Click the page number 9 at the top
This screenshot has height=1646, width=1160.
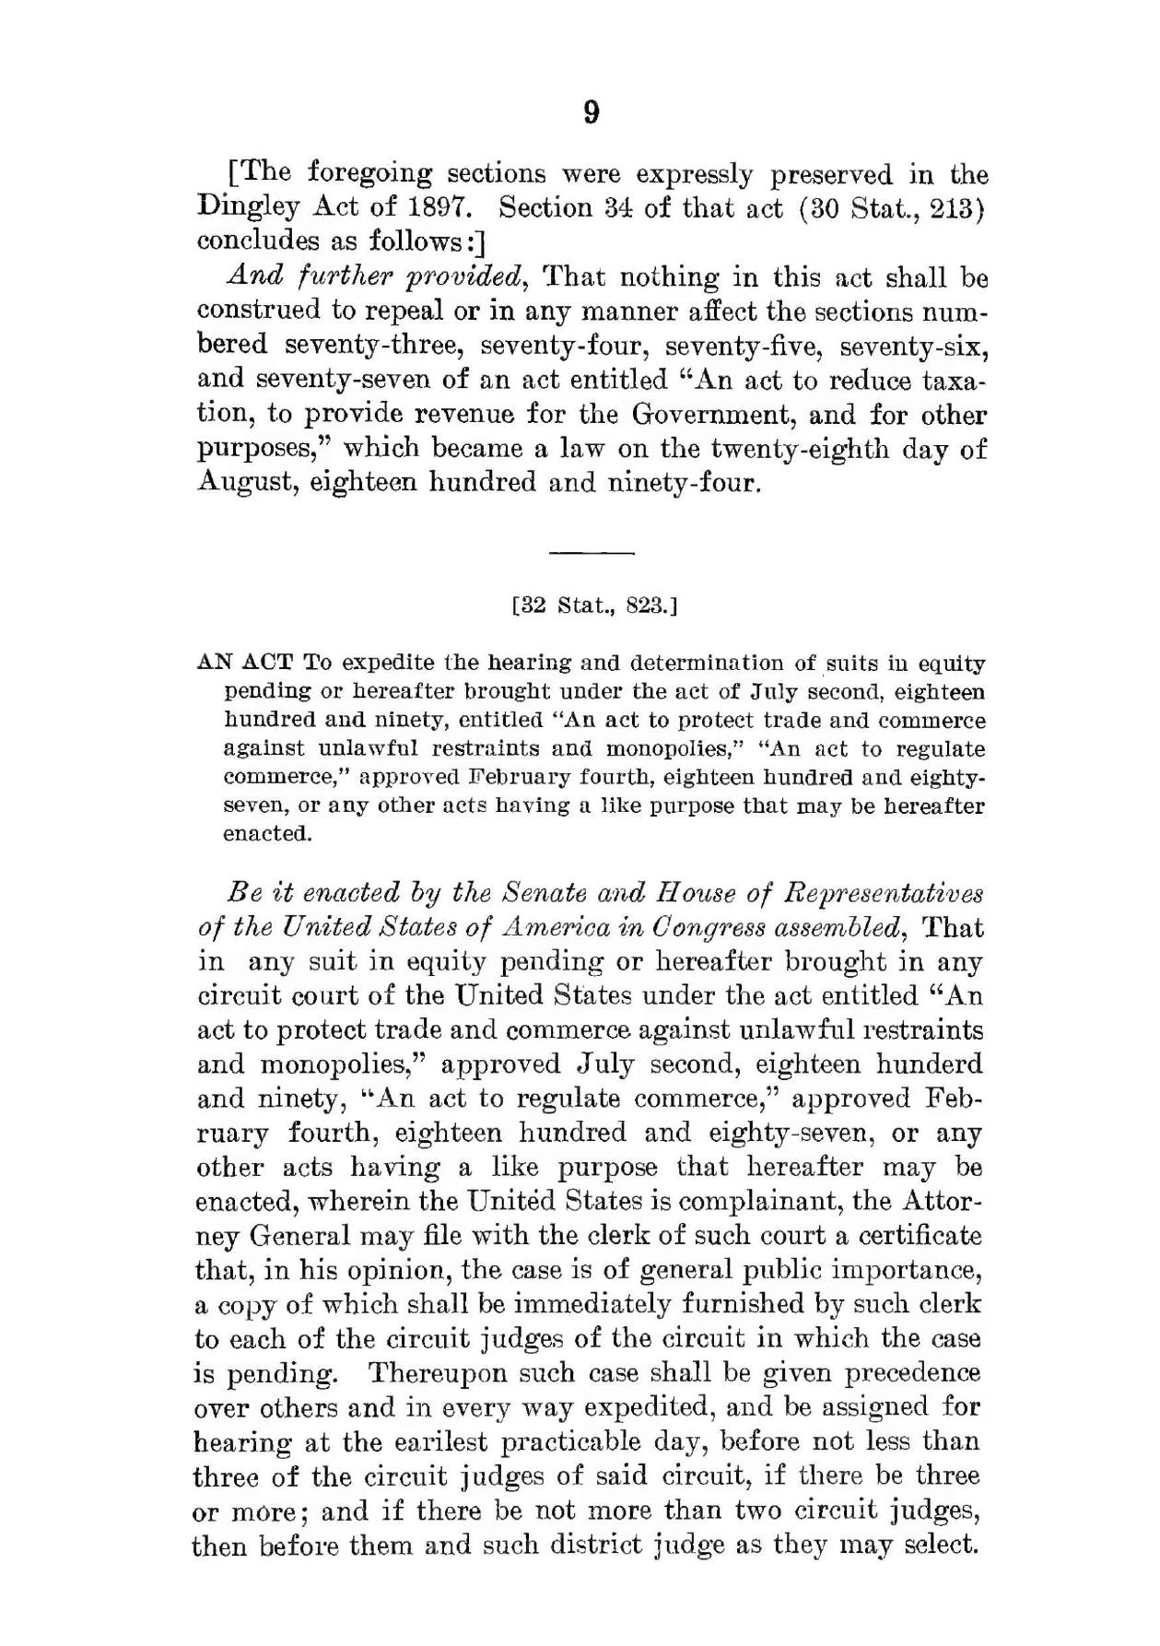(592, 112)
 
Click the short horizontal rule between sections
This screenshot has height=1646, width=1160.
(592, 553)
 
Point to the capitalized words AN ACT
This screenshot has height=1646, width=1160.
(245, 663)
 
